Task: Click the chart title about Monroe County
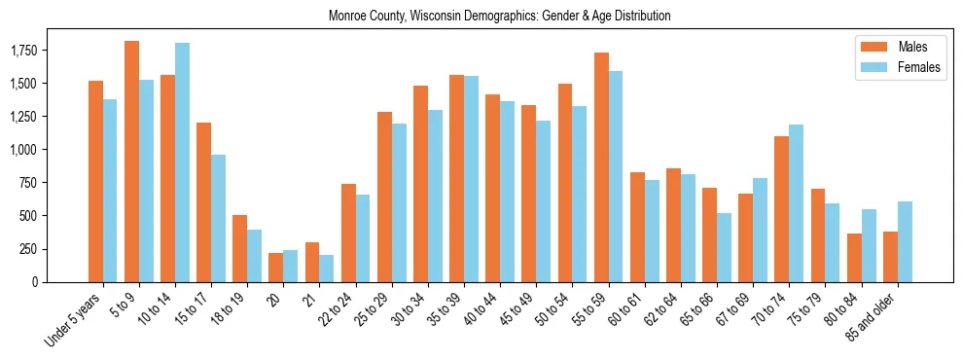point(499,17)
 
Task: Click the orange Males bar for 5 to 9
point(131,162)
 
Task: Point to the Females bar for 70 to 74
point(797,203)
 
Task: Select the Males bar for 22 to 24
point(348,233)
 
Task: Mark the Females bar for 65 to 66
point(725,247)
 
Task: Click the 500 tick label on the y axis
point(54,216)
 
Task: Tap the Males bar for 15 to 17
point(203,202)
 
